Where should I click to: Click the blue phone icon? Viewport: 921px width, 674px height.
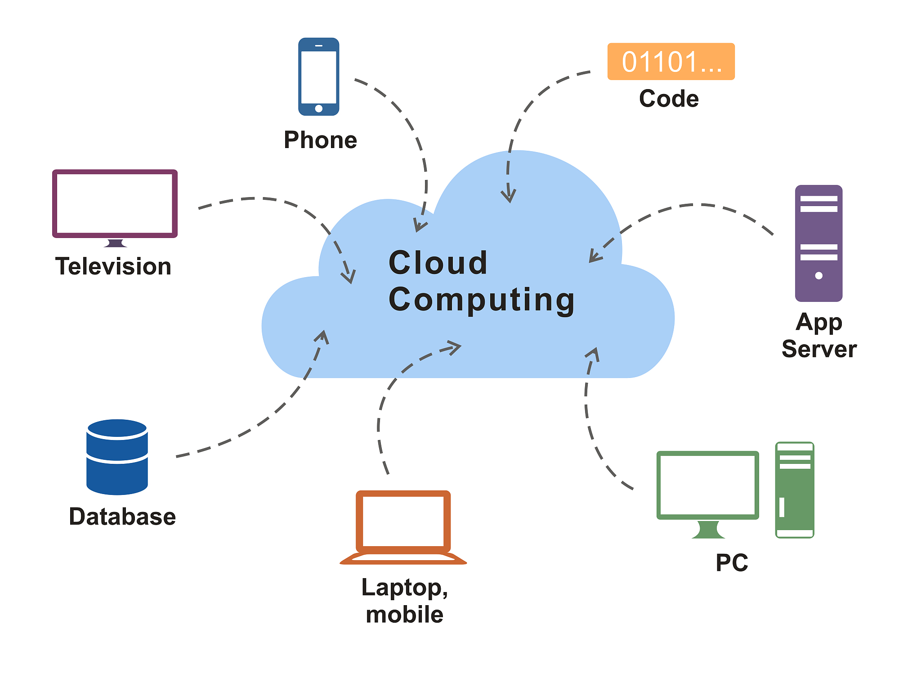pyautogui.click(x=318, y=76)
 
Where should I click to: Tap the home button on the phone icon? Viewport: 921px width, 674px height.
pyautogui.click(x=319, y=108)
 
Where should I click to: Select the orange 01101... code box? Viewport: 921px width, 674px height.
pyautogui.click(x=671, y=62)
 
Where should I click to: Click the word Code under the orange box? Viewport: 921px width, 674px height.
pyautogui.click(x=669, y=99)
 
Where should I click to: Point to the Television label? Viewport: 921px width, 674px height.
pyautogui.click(x=113, y=266)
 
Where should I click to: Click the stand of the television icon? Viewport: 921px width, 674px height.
pyautogui.click(x=116, y=243)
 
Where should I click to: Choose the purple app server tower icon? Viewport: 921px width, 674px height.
pyautogui.click(x=818, y=243)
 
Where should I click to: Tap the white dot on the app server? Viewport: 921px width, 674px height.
pyautogui.click(x=819, y=275)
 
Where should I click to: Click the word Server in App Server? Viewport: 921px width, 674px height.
pyautogui.click(x=819, y=349)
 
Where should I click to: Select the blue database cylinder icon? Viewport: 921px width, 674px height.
pyautogui.click(x=117, y=457)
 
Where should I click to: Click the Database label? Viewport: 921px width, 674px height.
pyautogui.click(x=122, y=517)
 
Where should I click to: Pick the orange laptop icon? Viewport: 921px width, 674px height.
pyautogui.click(x=403, y=527)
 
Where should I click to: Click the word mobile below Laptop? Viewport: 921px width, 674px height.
pyautogui.click(x=405, y=615)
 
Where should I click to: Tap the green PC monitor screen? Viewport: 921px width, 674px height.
pyautogui.click(x=708, y=485)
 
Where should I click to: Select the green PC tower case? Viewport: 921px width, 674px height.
pyautogui.click(x=795, y=490)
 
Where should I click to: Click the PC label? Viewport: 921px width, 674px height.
pyautogui.click(x=732, y=562)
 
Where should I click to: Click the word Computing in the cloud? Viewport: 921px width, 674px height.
pyautogui.click(x=482, y=301)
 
